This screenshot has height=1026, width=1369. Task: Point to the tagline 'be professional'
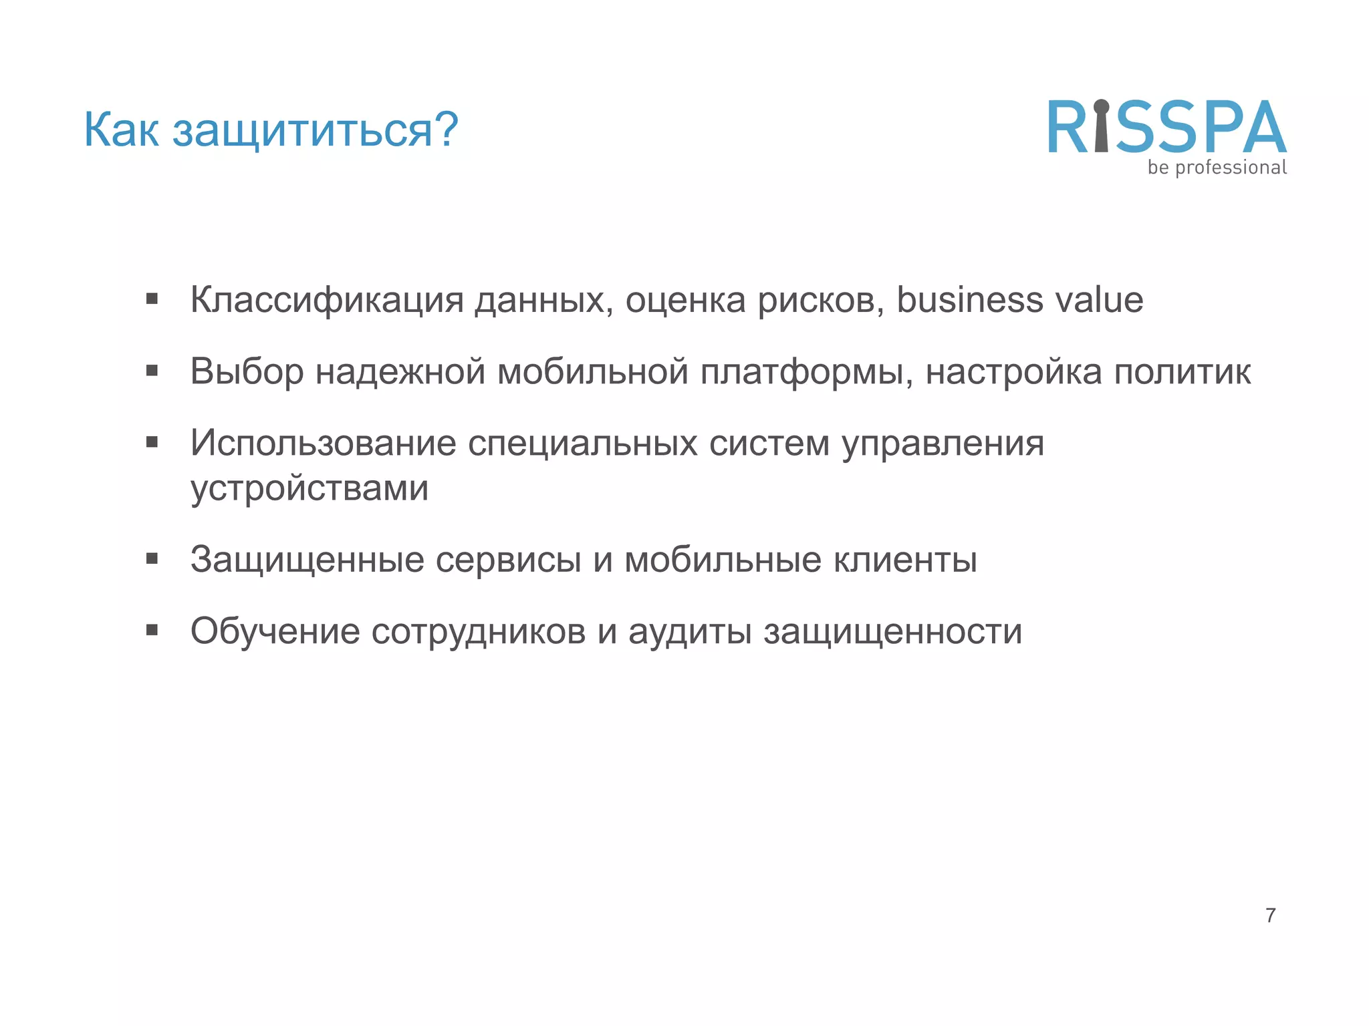1217,168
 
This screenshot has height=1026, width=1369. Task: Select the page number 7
1270,915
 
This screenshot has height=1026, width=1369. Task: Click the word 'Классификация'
327,300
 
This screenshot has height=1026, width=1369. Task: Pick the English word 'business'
970,300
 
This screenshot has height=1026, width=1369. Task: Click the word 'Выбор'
247,371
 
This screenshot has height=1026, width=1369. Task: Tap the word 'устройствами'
309,488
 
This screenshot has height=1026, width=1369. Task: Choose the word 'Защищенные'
307,560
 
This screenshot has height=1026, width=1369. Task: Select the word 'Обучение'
275,631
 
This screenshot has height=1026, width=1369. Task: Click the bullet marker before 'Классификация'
152,299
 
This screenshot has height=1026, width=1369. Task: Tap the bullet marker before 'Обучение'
152,630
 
